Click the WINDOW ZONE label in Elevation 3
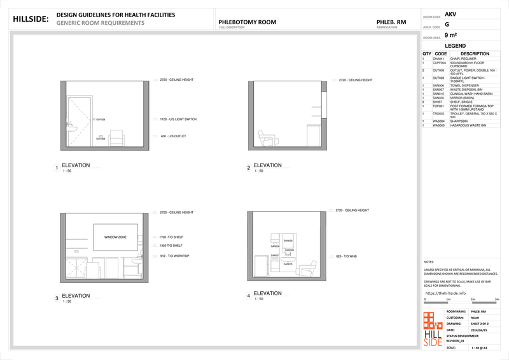pyautogui.click(x=115, y=237)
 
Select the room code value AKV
pyautogui.click(x=450, y=13)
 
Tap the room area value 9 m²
pyautogui.click(x=451, y=36)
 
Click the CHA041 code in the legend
pyautogui.click(x=438, y=59)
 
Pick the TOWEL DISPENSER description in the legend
pyautogui.click(x=464, y=85)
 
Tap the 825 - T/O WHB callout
pyautogui.click(x=344, y=256)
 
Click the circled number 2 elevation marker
pyautogui.click(x=249, y=169)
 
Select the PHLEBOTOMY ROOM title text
pyautogui.click(x=247, y=22)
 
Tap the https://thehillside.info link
pyautogui.click(x=445, y=293)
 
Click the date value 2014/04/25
pyautogui.click(x=478, y=330)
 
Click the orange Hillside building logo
pyautogui.click(x=436, y=329)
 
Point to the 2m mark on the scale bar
pyautogui.click(x=475, y=299)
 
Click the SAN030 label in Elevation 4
pyautogui.click(x=288, y=240)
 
